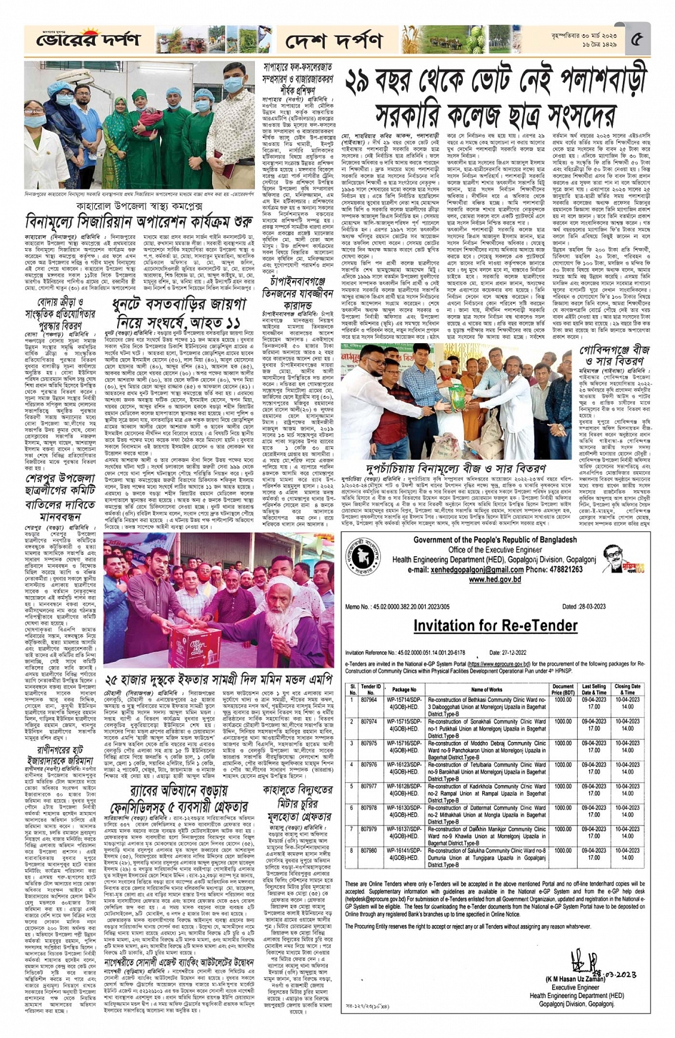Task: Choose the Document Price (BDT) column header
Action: (x=563, y=689)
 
